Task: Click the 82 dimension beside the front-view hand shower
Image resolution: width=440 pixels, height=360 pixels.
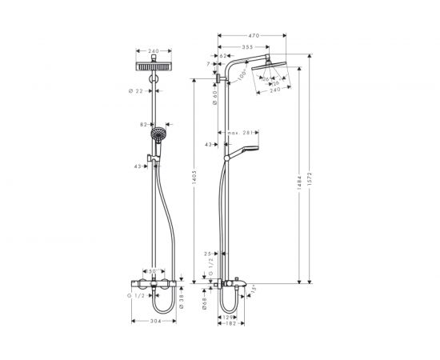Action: [145, 125]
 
